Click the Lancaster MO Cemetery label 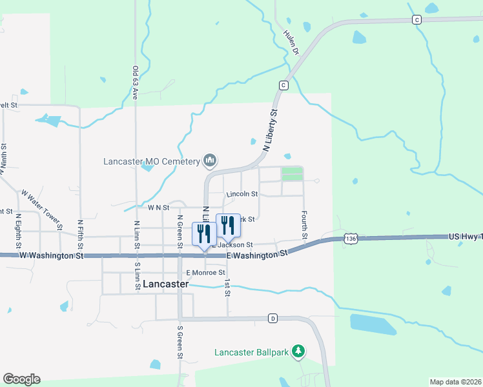click(152, 161)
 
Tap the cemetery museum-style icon click(209, 159)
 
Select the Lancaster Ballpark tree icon click(298, 351)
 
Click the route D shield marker click(272, 319)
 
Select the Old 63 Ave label click(136, 83)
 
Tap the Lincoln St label click(242, 193)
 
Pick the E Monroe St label click(205, 272)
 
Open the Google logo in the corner click(21, 379)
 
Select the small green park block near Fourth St click(292, 174)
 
